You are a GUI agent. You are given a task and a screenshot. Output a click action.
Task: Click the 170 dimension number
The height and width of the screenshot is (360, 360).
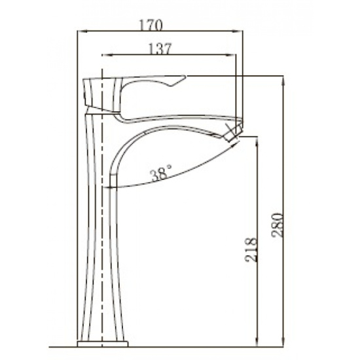click(x=151, y=26)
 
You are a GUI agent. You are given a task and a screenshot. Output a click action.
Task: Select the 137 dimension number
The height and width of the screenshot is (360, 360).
click(x=160, y=49)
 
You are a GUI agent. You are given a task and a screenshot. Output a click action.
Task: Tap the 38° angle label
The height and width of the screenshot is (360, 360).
click(x=161, y=172)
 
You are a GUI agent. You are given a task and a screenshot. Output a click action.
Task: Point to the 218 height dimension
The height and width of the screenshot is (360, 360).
click(x=250, y=250)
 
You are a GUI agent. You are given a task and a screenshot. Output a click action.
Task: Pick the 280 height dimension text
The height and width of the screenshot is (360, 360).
click(x=277, y=225)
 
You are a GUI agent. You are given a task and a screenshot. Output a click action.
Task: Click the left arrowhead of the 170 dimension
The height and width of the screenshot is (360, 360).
click(x=82, y=31)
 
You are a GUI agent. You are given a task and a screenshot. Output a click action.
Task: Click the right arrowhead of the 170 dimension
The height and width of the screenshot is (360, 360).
click(x=238, y=31)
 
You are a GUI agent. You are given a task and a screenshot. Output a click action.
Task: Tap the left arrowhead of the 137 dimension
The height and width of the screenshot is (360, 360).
click(x=107, y=55)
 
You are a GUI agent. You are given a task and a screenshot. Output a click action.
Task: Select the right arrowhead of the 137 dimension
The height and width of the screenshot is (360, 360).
click(x=231, y=55)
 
